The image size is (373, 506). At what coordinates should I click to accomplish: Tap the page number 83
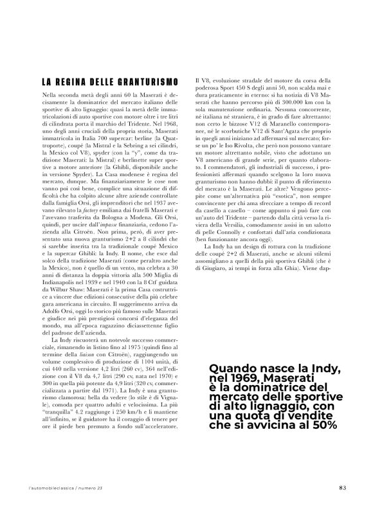[x=341, y=487]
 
